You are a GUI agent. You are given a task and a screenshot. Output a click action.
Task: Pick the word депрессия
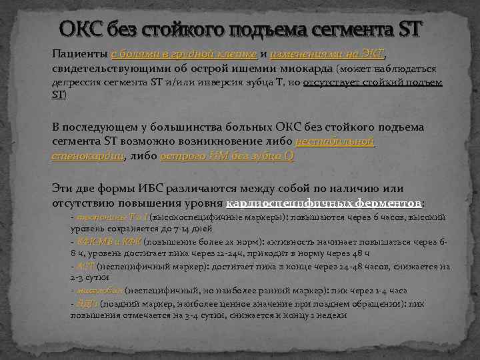78,83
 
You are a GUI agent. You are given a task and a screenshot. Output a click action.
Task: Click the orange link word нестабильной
334,142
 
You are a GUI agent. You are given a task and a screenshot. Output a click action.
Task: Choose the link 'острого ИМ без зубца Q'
227,156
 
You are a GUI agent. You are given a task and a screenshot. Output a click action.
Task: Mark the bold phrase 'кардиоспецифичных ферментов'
325,203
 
